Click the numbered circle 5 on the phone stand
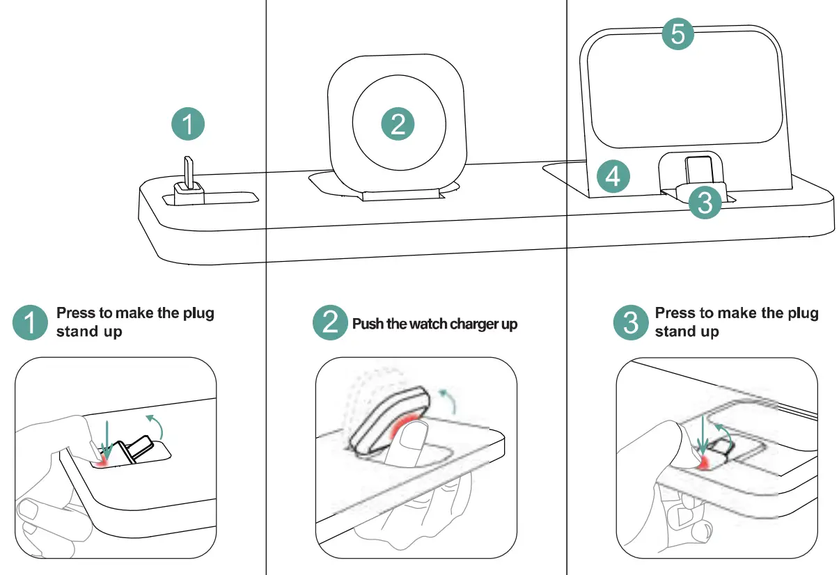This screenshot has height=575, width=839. [x=677, y=33]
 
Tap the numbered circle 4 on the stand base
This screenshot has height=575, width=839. [x=613, y=177]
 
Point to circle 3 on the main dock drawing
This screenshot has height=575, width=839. [x=705, y=203]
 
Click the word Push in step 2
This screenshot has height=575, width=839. [x=367, y=324]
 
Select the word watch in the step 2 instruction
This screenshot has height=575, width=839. [x=429, y=324]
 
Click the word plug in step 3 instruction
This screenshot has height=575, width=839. [x=803, y=313]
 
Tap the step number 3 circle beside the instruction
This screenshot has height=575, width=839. [x=629, y=323]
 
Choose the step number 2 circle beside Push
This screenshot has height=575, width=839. [x=329, y=323]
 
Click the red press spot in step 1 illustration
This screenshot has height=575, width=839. [x=105, y=460]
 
